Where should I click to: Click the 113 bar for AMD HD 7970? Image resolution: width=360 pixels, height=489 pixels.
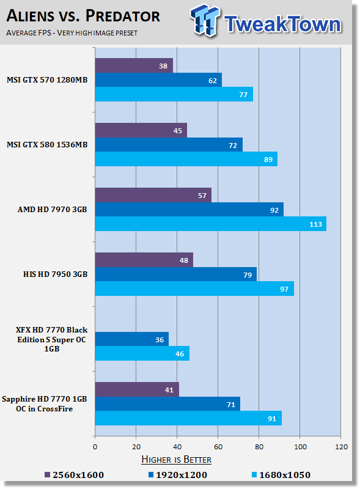[211, 224]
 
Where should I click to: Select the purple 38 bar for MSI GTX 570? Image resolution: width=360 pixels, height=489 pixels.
[134, 65]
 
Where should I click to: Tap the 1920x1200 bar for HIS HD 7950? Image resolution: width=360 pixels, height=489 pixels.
[176, 274]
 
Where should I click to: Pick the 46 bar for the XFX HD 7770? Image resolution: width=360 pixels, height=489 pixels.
[142, 353]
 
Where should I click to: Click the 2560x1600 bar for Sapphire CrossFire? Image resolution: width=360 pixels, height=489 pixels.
[137, 389]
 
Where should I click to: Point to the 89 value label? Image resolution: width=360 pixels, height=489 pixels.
[268, 160]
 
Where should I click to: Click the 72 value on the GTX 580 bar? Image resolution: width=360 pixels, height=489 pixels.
[233, 145]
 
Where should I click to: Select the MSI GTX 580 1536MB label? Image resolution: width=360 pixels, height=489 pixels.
[47, 145]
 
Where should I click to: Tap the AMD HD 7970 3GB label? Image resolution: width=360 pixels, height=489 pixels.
[53, 210]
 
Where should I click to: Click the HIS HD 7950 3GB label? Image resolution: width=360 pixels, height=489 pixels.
[55, 274]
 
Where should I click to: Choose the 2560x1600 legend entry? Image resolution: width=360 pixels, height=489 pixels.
[74, 475]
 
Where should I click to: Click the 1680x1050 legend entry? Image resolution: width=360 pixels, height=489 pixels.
[281, 475]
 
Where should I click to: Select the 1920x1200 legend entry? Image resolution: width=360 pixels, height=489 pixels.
[178, 475]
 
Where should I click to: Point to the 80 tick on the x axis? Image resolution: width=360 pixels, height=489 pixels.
[259, 447]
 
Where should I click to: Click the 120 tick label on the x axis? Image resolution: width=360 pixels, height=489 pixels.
[341, 447]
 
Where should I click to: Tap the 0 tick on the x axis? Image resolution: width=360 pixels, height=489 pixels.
[95, 447]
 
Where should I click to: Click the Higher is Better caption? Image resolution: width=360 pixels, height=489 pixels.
[176, 460]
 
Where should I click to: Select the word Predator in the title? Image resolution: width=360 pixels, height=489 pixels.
[123, 16]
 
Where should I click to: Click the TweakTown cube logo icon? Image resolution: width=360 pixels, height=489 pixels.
[205, 20]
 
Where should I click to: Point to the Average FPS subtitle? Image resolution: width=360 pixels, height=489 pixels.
[28, 33]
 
